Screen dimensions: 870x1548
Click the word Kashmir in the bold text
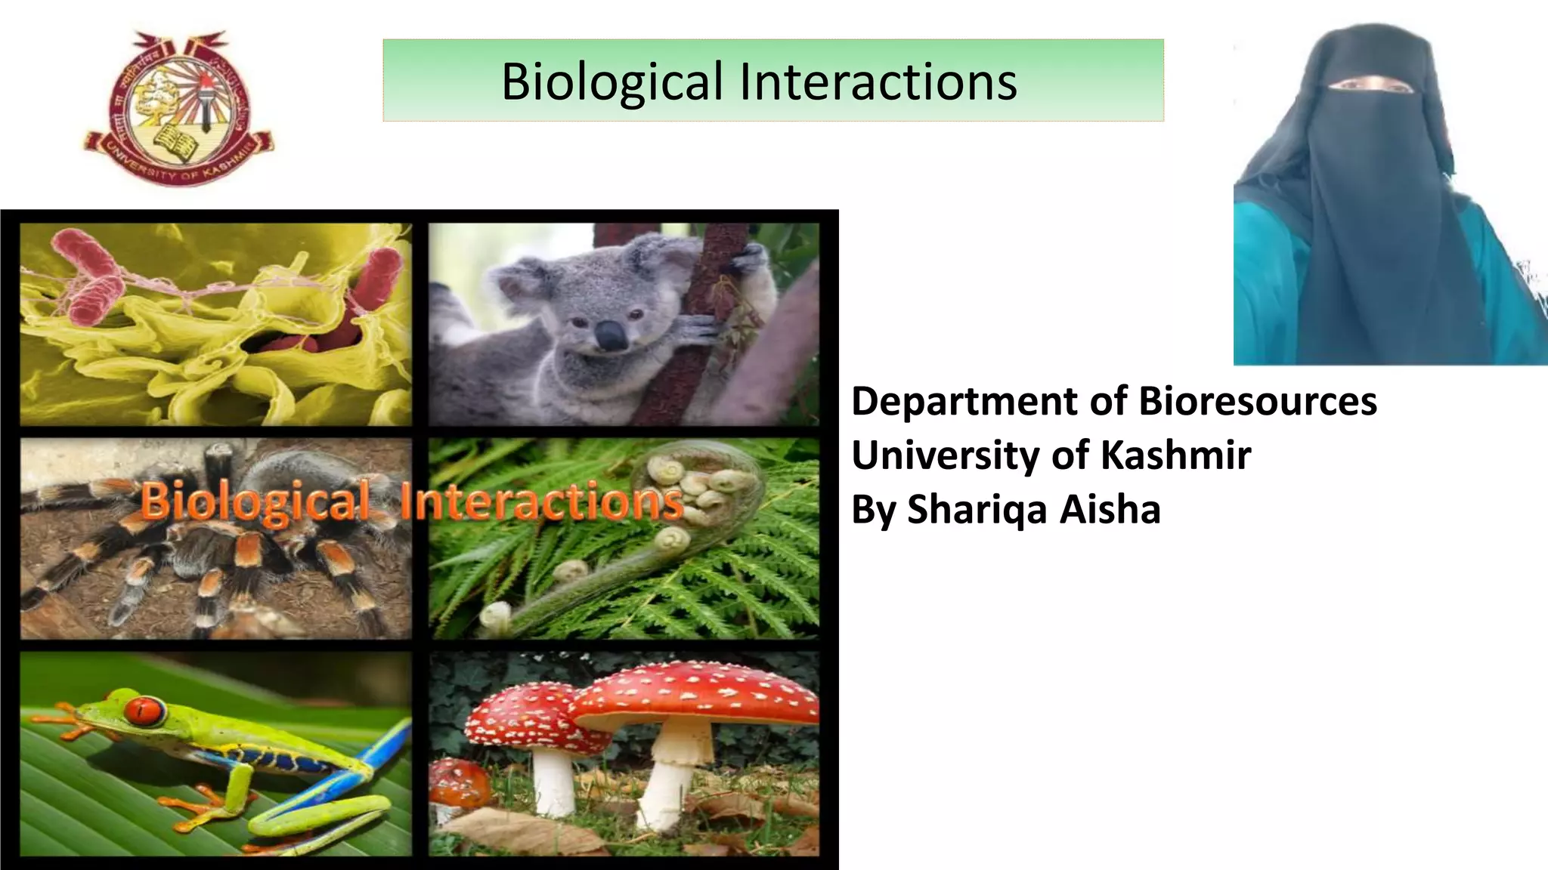1175,455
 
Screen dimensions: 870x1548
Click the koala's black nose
611,335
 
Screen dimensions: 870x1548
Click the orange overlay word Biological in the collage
255,501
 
